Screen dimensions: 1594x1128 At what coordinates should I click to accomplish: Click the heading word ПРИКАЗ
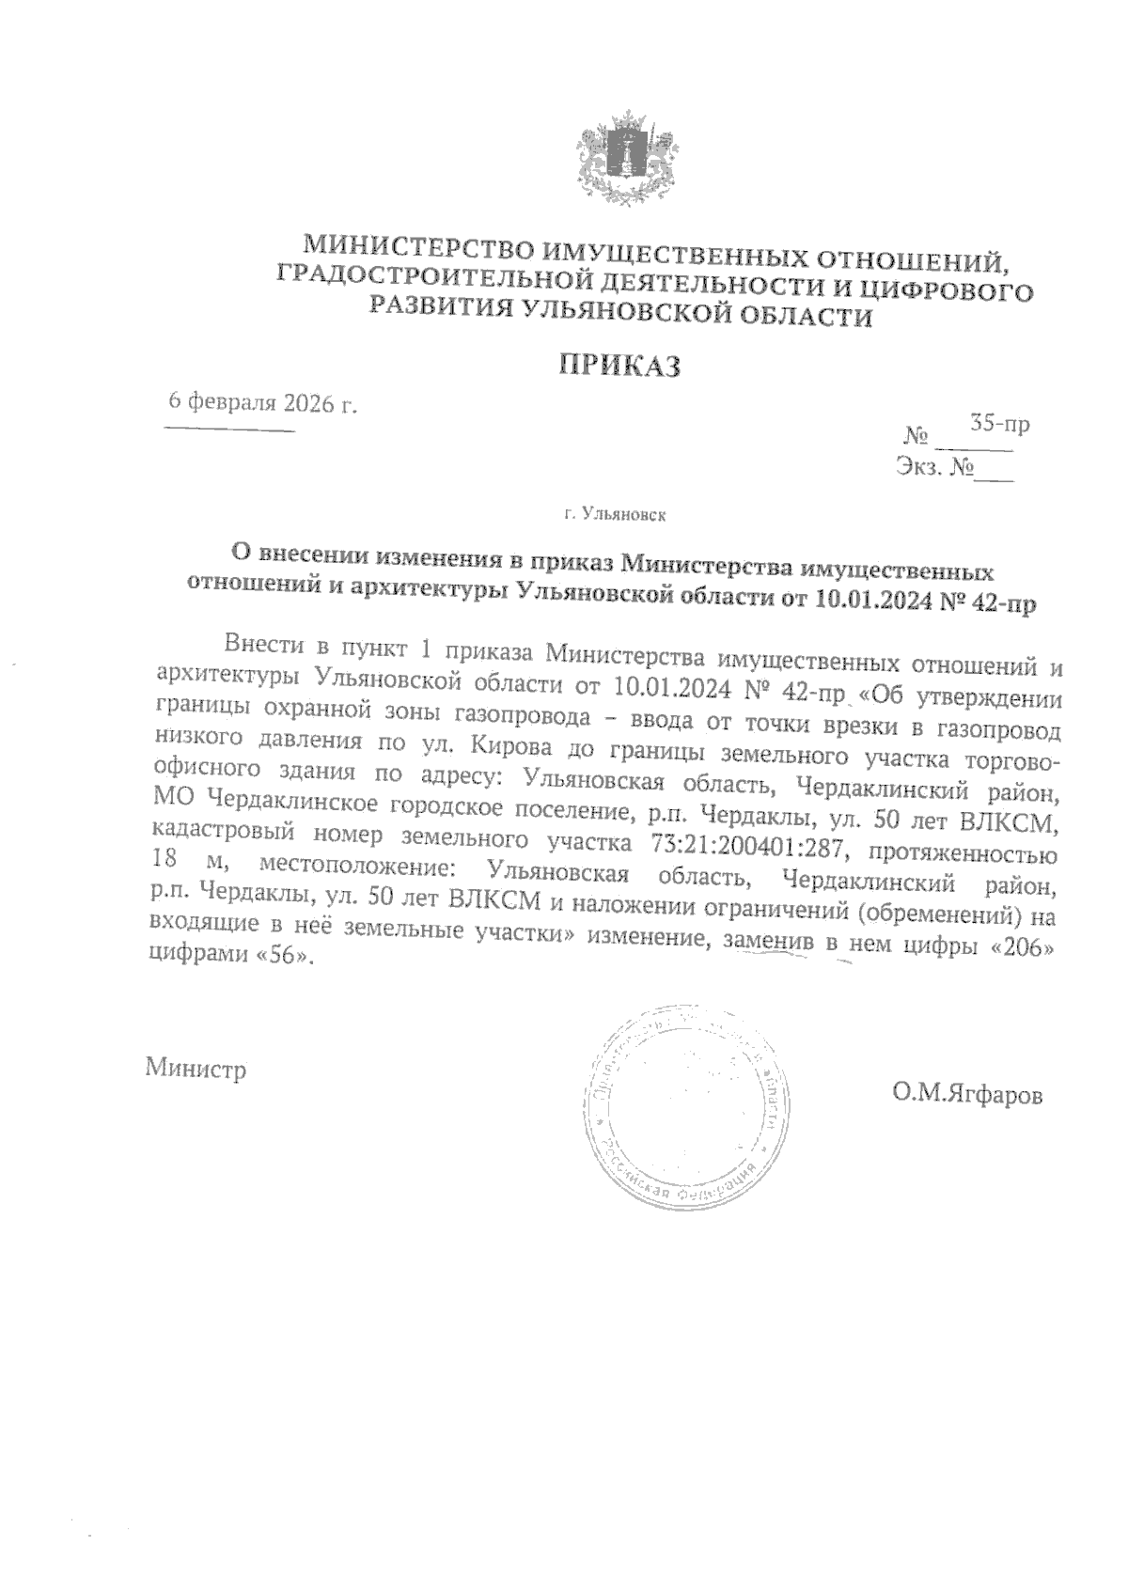pyautogui.click(x=619, y=366)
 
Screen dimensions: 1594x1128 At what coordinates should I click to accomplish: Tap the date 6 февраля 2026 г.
pyautogui.click(x=262, y=403)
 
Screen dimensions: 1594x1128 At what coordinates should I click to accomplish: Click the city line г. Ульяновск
pyautogui.click(x=616, y=515)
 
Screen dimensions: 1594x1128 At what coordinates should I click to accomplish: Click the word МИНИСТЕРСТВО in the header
pyautogui.click(x=416, y=249)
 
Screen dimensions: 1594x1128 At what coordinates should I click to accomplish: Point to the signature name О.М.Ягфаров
pyautogui.click(x=968, y=1094)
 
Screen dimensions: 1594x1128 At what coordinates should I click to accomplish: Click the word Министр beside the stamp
pyautogui.click(x=196, y=1069)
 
